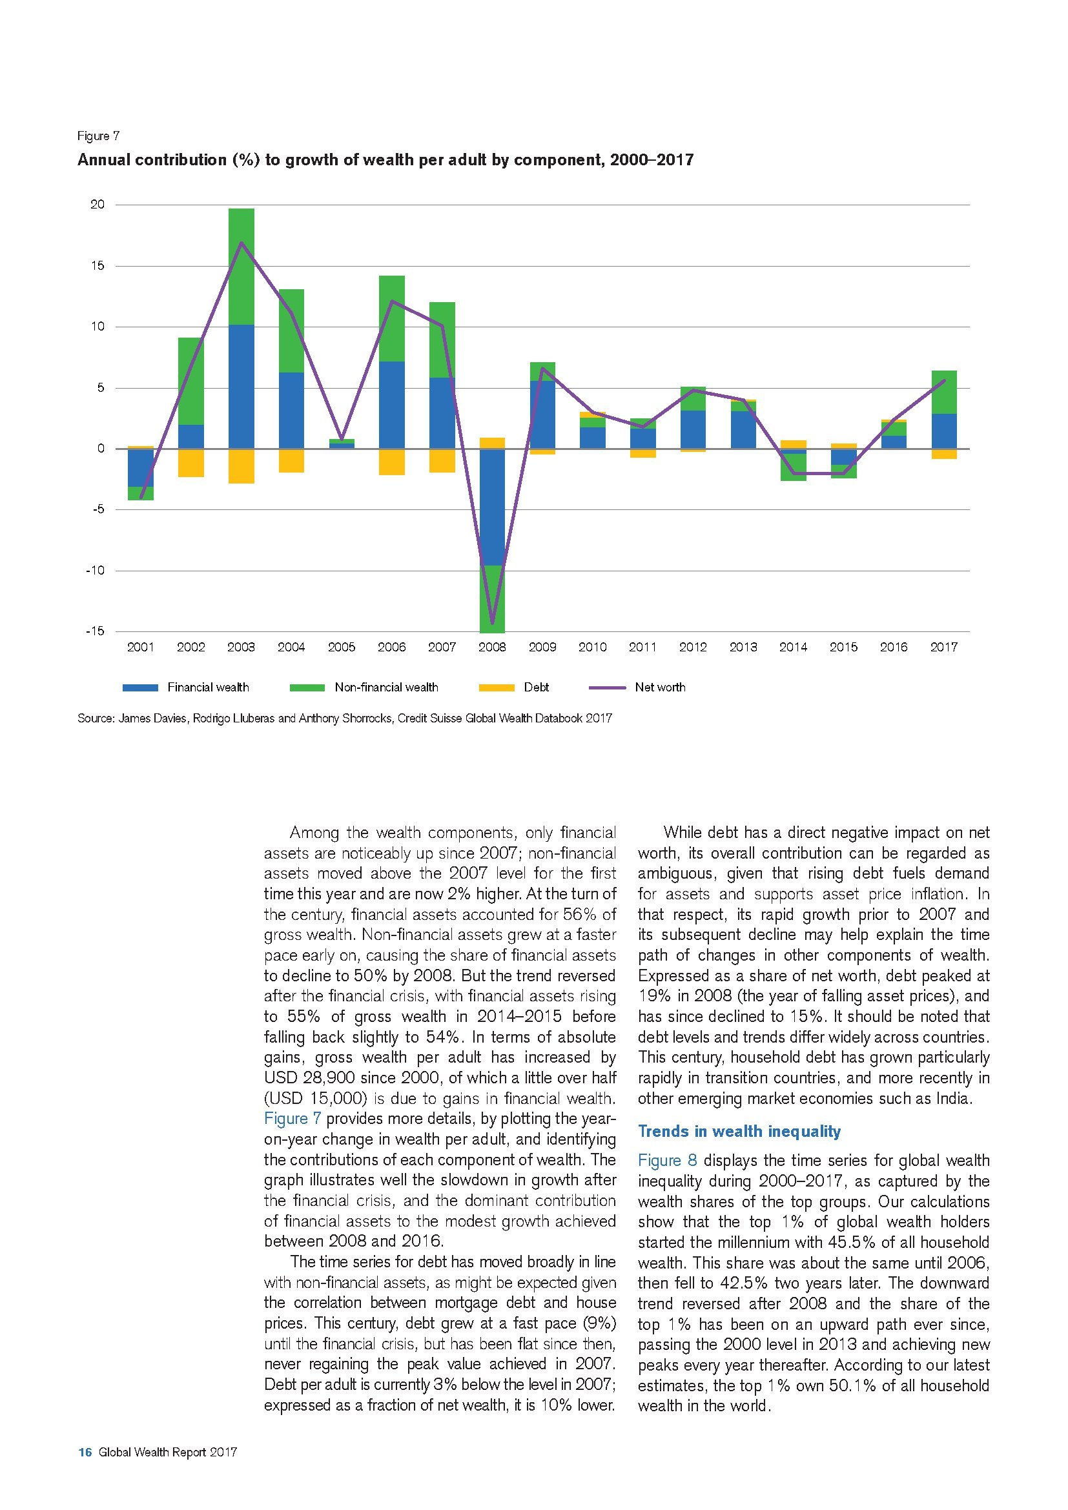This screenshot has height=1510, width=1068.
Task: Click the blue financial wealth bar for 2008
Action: tap(492, 506)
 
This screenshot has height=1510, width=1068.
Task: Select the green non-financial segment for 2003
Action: tap(241, 267)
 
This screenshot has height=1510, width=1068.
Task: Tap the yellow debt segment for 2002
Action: tap(190, 463)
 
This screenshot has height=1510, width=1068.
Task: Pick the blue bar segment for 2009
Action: tap(542, 414)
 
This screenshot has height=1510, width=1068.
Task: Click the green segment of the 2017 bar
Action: tap(944, 392)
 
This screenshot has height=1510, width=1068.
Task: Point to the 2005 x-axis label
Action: tap(342, 647)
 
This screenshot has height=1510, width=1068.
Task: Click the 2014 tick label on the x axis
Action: tap(793, 647)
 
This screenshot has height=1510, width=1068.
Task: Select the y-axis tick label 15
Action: tap(98, 267)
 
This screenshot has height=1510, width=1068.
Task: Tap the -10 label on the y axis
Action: tap(95, 571)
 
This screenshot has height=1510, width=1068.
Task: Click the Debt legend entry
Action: tap(536, 688)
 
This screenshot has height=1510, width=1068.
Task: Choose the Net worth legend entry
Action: tap(660, 688)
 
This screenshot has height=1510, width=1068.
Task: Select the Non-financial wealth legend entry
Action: tap(386, 688)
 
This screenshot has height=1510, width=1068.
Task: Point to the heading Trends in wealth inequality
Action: tap(739, 1131)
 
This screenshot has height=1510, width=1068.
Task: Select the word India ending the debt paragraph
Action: tap(952, 1098)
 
